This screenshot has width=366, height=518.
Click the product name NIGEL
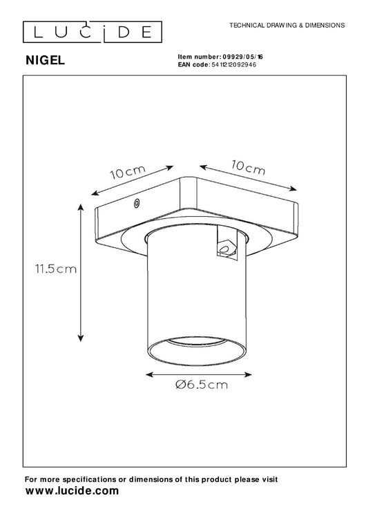click(45, 60)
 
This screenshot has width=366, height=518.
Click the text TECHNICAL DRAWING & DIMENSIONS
click(286, 25)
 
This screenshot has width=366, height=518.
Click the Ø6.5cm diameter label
click(201, 385)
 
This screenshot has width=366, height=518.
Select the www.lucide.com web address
click(72, 490)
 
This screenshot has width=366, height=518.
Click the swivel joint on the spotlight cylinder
click(224, 243)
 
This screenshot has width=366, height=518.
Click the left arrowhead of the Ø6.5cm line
click(149, 374)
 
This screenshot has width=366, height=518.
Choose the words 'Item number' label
click(199, 57)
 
